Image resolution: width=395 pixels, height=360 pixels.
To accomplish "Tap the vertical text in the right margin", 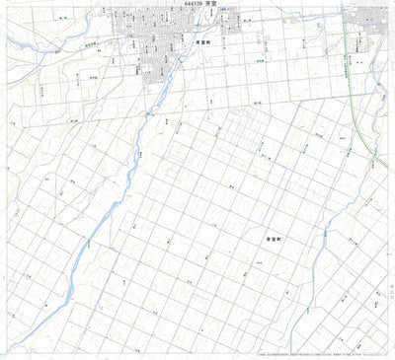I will pyautogui.click(x=387, y=286).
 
